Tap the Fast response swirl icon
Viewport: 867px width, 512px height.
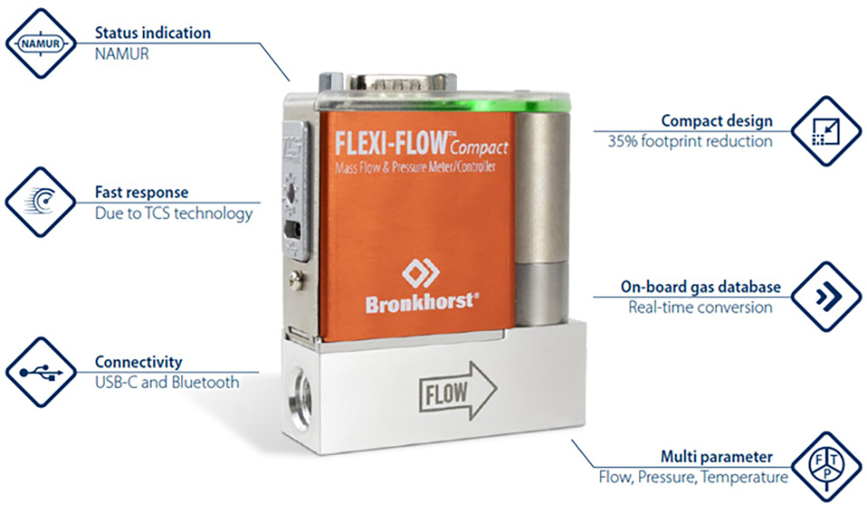pos(41,202)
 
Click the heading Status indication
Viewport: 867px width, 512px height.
pos(153,33)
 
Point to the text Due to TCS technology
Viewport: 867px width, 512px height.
pos(173,212)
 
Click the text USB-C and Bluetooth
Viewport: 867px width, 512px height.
pos(166,381)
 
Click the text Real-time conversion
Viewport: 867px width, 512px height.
pos(700,307)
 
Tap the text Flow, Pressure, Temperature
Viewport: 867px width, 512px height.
pos(694,476)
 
